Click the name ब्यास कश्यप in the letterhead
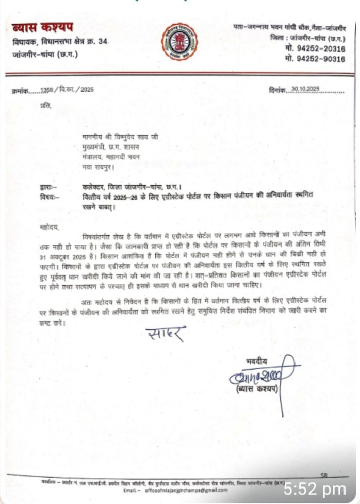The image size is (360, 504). pos(42,27)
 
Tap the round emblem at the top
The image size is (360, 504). pos(179,42)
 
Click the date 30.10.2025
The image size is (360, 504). pos(305,89)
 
